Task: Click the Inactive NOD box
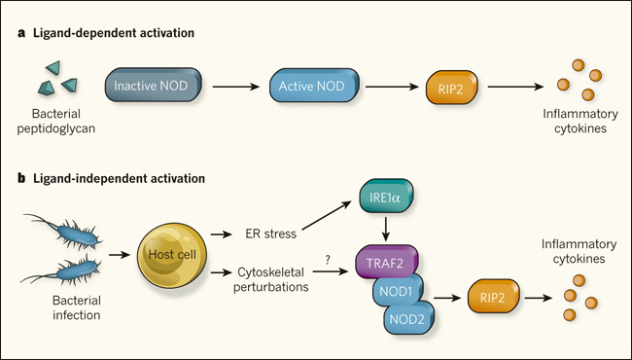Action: point(154,85)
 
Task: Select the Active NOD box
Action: point(314,86)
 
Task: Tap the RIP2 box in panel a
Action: point(452,88)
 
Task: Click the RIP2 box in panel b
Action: point(493,297)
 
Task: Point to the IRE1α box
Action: point(386,197)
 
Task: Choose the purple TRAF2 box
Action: point(387,262)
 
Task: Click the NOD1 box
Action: point(398,291)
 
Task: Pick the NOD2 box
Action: point(408,317)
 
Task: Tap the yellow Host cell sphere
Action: point(172,255)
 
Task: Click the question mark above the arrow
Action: point(328,260)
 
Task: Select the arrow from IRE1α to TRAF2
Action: point(386,230)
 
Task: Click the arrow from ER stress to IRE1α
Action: point(327,216)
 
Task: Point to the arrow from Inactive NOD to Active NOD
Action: point(236,87)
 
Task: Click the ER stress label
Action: point(271,234)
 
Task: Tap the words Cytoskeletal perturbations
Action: point(271,279)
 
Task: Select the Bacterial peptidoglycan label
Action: point(56,121)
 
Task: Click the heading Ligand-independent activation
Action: point(119,178)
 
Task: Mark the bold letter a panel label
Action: point(21,33)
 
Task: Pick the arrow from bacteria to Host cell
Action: point(120,255)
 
